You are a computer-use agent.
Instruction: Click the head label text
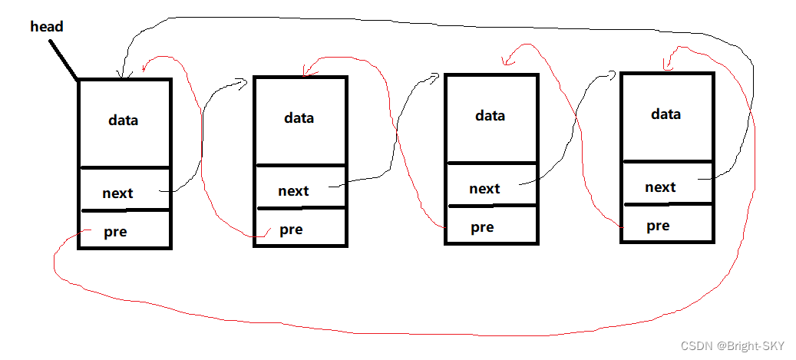47,27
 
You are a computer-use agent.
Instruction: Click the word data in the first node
124,121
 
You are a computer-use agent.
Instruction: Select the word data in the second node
299,118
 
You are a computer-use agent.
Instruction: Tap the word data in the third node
490,116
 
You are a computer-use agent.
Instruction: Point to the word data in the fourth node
666,114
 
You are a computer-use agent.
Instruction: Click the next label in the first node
117,193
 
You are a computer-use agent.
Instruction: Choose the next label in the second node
293,191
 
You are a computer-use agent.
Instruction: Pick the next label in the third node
484,189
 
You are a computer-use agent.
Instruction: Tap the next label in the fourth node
660,187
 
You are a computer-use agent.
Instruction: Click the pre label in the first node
115,232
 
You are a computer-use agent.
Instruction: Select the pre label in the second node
291,230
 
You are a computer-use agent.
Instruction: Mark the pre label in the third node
482,227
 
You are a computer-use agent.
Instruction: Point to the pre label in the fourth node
658,226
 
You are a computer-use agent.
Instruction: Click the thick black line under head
64,60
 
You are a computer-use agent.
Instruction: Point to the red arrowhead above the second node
308,73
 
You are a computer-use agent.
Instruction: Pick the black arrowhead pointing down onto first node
120,74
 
